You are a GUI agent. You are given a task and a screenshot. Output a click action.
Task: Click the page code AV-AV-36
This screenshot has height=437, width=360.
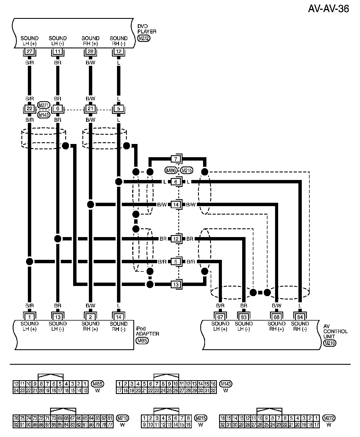click(328, 9)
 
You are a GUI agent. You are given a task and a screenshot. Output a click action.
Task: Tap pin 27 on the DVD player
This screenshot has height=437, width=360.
click(30, 51)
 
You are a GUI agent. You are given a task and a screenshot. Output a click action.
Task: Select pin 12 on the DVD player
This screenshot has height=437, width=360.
click(118, 51)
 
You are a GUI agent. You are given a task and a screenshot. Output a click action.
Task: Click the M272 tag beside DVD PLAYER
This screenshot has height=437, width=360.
click(143, 39)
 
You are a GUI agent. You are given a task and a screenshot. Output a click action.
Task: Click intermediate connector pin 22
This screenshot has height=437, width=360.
click(30, 109)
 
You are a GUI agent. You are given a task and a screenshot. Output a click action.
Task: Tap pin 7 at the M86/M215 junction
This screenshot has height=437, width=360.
click(176, 159)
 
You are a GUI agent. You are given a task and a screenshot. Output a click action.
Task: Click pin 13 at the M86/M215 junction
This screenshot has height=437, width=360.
click(176, 285)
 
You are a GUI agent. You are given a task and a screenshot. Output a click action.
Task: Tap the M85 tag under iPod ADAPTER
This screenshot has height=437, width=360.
click(142, 341)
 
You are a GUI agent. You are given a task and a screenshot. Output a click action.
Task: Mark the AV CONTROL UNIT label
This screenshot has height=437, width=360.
click(335, 331)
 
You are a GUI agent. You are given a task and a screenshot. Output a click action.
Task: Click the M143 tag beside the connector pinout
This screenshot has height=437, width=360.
click(226, 384)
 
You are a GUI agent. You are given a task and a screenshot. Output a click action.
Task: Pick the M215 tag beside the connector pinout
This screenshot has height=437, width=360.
click(201, 418)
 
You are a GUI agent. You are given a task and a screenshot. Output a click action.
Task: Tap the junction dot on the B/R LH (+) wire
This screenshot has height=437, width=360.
click(30, 261)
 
